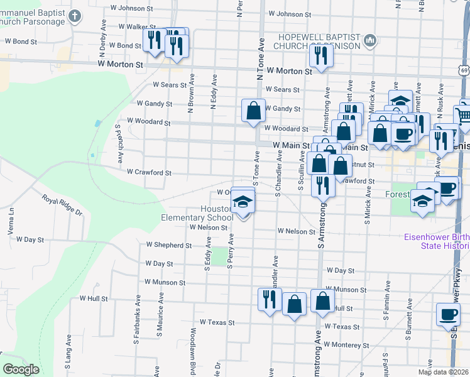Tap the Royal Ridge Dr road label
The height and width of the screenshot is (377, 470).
coord(63,205)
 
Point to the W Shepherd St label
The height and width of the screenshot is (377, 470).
coord(168,245)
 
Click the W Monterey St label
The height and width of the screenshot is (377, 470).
coord(346,345)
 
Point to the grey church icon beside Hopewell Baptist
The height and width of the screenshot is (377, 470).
coord(370,41)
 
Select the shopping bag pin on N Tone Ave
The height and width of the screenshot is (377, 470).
coord(253,111)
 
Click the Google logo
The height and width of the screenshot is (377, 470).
coord(21,369)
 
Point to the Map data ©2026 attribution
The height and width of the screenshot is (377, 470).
coord(442,372)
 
